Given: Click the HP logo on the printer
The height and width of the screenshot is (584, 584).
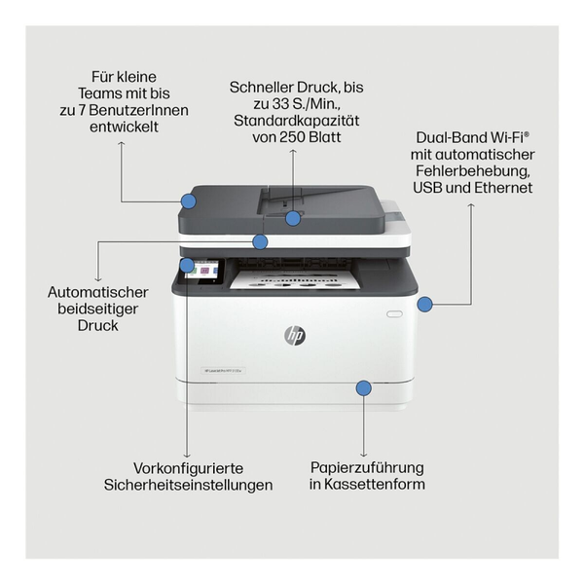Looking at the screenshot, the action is tap(294, 335).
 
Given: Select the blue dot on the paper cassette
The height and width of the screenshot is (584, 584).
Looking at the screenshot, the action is tap(363, 388).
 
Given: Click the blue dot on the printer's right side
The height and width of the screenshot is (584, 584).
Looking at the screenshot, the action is tap(424, 304).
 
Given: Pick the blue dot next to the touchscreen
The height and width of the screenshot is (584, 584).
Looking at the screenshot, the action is tap(186, 263).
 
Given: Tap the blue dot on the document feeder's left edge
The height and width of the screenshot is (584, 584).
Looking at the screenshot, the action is tap(189, 201).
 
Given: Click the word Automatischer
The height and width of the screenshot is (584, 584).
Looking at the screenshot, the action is tap(97, 291).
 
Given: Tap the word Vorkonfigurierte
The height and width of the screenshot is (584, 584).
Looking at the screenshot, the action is tap(188, 467).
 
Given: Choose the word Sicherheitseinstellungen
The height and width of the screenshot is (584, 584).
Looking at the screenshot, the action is tap(188, 484).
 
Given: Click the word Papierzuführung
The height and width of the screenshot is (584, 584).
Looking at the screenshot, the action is tap(367, 467).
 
